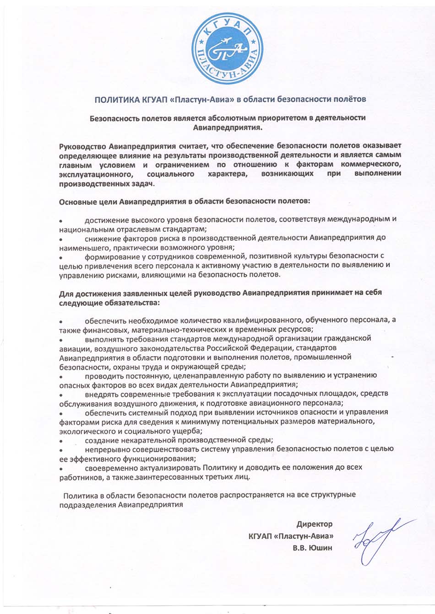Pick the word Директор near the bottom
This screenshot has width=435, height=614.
click(x=314, y=524)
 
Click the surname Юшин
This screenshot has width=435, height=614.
click(x=321, y=547)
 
